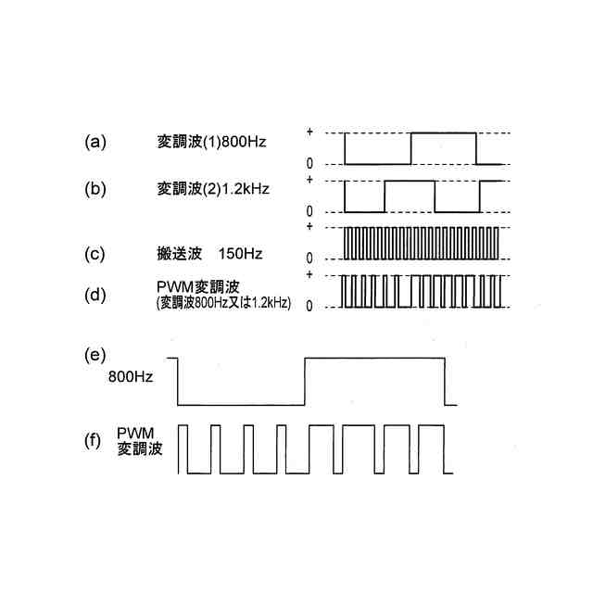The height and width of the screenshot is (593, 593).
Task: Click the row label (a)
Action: pos(95,143)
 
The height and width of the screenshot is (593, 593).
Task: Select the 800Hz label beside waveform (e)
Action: pos(131,378)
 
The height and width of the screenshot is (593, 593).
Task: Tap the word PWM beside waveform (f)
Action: pos(134,433)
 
